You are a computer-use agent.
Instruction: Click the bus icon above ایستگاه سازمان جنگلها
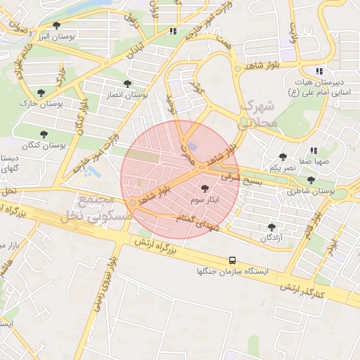point(233,260)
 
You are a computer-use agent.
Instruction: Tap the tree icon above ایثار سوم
point(205,188)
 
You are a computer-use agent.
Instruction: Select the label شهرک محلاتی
point(260,113)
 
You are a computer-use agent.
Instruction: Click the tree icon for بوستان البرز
point(56,26)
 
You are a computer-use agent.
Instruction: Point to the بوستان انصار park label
point(128,94)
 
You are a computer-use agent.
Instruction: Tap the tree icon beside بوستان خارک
point(41,91)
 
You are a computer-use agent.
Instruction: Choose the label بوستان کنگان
point(44,145)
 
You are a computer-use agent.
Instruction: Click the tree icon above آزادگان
point(271,226)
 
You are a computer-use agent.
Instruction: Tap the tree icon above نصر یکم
point(283,157)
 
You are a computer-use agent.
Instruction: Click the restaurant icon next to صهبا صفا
point(314,150)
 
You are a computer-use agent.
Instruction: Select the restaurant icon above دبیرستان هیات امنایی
point(319,71)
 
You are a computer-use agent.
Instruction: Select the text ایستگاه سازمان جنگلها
point(233,271)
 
